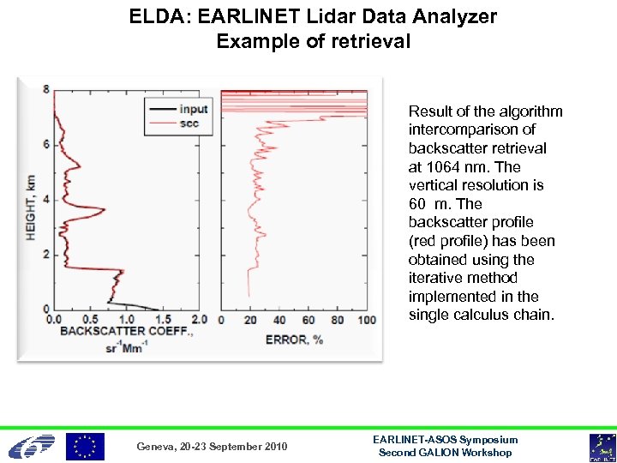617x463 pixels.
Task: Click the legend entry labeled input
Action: click(194, 109)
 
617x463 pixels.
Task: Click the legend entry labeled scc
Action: click(189, 123)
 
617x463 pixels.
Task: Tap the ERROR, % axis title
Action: click(294, 339)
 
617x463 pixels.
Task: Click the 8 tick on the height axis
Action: click(46, 88)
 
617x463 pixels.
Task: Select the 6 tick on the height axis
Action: click(46, 144)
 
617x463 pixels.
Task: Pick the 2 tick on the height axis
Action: click(46, 254)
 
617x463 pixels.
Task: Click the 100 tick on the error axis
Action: click(366, 320)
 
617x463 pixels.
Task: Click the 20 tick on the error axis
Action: click(250, 320)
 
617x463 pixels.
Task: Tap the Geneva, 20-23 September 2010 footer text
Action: click(213, 447)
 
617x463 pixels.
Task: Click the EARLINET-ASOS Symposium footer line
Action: click(446, 439)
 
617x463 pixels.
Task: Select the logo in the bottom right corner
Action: click(600, 447)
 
